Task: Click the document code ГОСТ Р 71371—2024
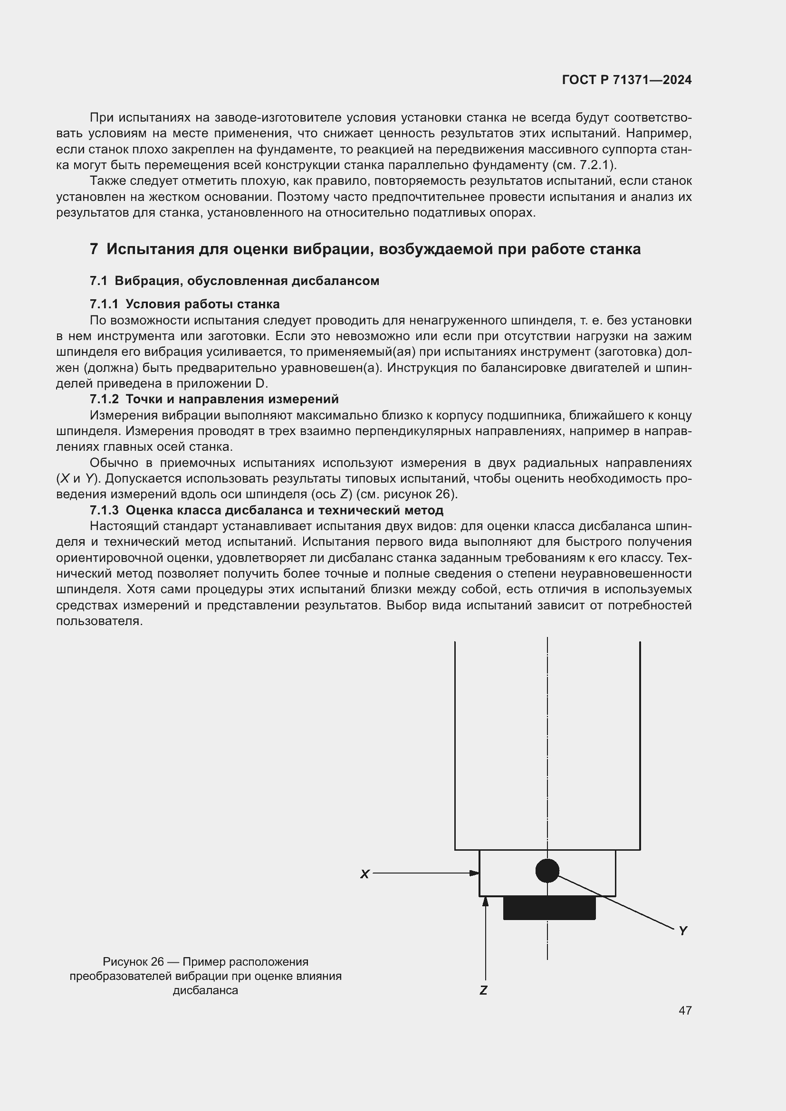(x=627, y=80)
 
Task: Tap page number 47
(x=685, y=1010)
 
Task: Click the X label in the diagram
(x=365, y=874)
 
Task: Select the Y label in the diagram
(x=683, y=931)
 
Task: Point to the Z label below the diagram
(x=483, y=990)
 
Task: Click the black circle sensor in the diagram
(x=547, y=871)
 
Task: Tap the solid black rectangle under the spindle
(x=549, y=908)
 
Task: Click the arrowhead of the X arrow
(x=475, y=873)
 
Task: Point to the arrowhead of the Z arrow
(x=486, y=901)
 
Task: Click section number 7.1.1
(x=104, y=304)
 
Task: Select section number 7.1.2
(x=104, y=399)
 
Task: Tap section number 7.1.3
(x=104, y=510)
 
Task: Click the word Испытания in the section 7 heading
(x=143, y=249)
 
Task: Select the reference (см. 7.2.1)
(x=583, y=165)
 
